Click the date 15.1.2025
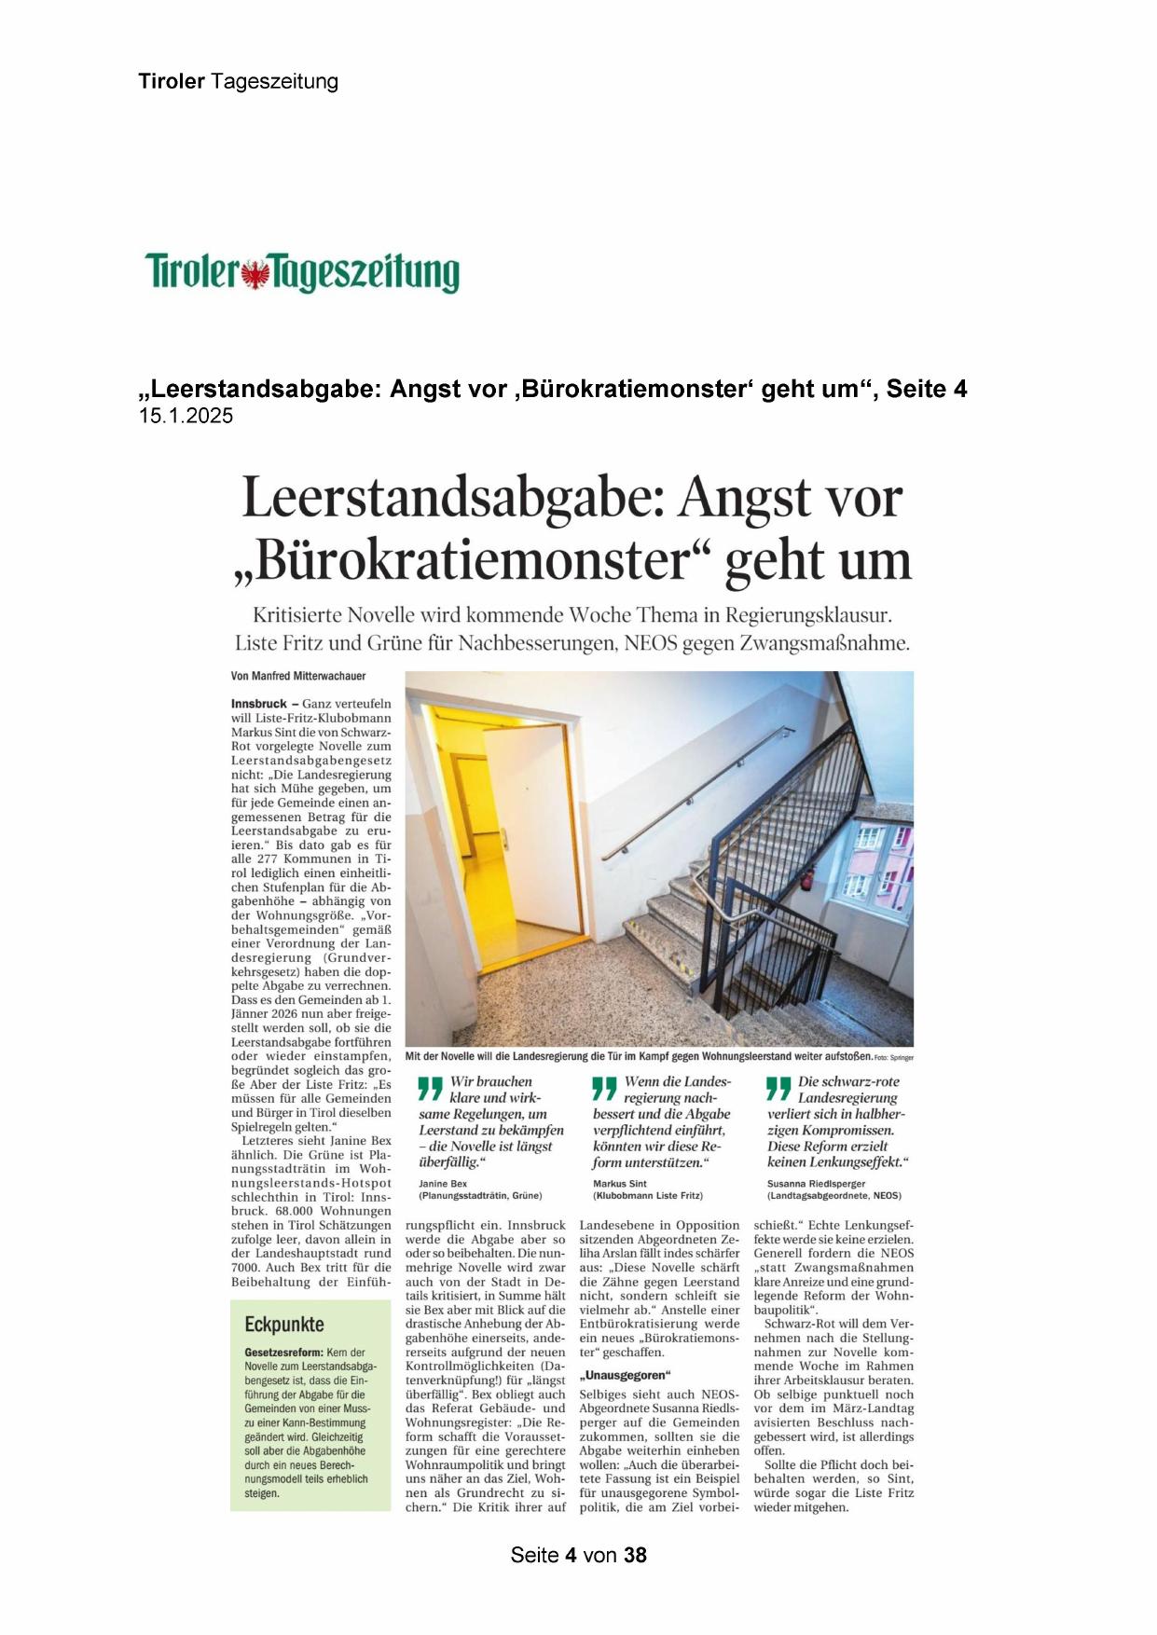[x=186, y=417]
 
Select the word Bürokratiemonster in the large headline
[x=472, y=560]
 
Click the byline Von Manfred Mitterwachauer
[x=298, y=676]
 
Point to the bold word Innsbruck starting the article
[x=258, y=704]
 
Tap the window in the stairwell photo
[x=876, y=862]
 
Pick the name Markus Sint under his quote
[x=620, y=1183]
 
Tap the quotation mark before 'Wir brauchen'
[x=430, y=1088]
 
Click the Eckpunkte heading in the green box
[x=284, y=1325]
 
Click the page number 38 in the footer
[x=635, y=1555]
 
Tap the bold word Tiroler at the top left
[x=172, y=81]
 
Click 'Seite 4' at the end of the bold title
[x=927, y=390]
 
